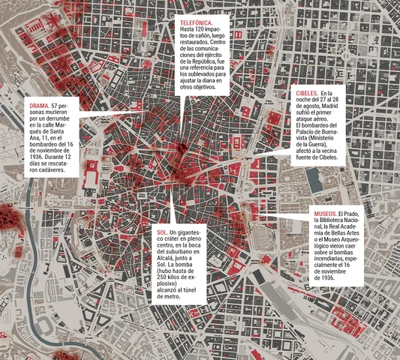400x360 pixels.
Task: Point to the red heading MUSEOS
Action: coord(327,214)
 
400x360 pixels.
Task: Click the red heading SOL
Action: coord(163,233)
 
